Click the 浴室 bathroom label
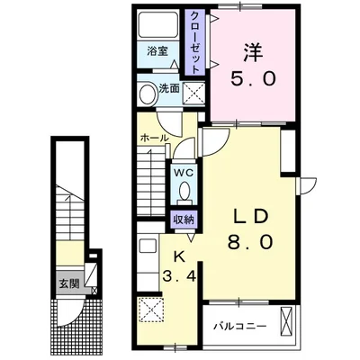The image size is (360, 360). click(x=157, y=51)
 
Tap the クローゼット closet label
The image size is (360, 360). click(x=195, y=42)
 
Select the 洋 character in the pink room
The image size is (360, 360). click(x=253, y=53)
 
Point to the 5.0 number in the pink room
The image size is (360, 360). click(x=253, y=79)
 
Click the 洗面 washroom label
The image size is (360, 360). click(x=169, y=88)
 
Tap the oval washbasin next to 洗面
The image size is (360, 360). click(x=147, y=94)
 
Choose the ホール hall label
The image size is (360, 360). click(x=154, y=139)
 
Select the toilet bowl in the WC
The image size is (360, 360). click(x=184, y=191)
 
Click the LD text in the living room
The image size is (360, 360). click(x=250, y=217)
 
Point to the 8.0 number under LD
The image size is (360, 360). click(x=250, y=242)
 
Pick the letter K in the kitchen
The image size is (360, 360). click(x=179, y=256)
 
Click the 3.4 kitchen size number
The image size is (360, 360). click(x=179, y=275)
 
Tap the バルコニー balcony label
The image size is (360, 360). click(x=239, y=327)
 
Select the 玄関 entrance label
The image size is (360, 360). click(x=69, y=283)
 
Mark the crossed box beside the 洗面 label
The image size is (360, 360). click(x=193, y=93)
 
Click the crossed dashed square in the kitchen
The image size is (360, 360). click(x=151, y=310)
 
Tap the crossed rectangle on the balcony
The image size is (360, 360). click(x=287, y=322)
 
